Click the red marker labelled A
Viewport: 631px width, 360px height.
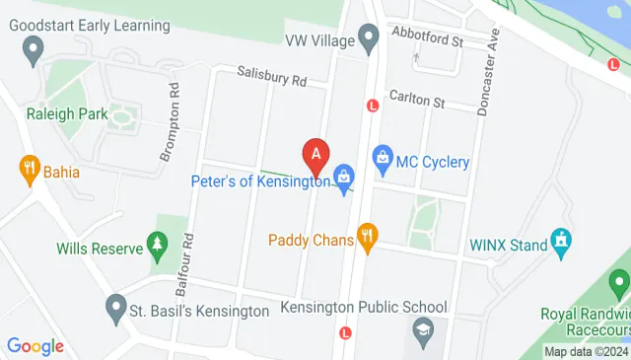coord(316,155)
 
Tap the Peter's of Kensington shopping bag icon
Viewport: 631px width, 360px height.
coord(343,176)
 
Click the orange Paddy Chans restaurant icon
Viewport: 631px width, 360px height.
coord(368,236)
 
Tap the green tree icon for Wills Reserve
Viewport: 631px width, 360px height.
coord(156,243)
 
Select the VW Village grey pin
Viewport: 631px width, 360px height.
coord(369,40)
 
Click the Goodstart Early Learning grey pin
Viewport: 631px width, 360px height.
coord(34,46)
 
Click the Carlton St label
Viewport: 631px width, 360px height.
coord(417,101)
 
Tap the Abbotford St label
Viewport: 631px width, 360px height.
coord(426,41)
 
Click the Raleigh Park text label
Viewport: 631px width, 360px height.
coord(66,113)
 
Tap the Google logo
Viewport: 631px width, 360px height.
coord(35,346)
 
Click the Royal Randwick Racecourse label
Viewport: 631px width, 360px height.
coord(586,322)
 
